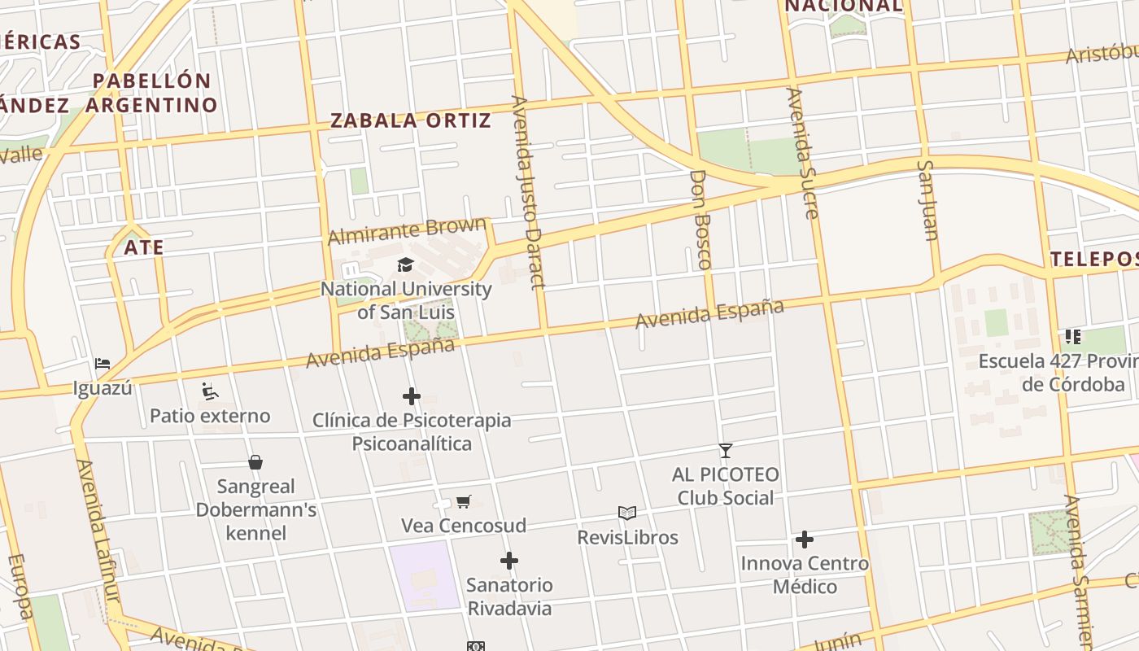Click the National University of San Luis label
click(x=405, y=300)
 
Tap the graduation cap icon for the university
click(x=405, y=264)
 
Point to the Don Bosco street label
click(x=700, y=219)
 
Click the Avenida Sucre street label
click(x=801, y=153)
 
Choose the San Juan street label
click(x=927, y=199)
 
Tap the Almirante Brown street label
click(x=407, y=231)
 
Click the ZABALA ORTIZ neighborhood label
click(x=410, y=121)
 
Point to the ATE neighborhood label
click(x=144, y=247)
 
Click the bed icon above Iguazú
click(x=102, y=363)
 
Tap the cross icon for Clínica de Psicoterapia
click(x=412, y=396)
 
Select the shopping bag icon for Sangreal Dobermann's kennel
click(x=255, y=462)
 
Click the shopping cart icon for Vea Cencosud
click(x=463, y=501)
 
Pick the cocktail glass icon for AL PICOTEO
click(x=725, y=450)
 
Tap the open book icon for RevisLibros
click(x=626, y=513)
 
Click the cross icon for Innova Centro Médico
click(x=805, y=540)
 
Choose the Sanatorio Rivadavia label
click(x=509, y=596)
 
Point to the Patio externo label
click(x=210, y=416)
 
